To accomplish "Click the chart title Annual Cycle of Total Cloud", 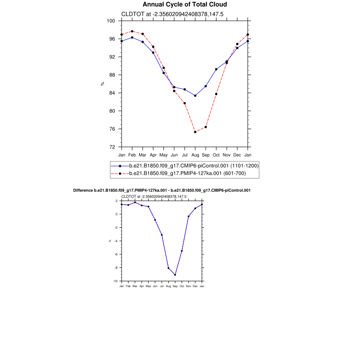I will tap(184, 4).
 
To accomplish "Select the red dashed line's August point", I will tap(195, 132).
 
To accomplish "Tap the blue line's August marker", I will tap(195, 95).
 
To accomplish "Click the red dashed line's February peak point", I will tap(132, 31).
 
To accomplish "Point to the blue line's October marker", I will tap(216, 69).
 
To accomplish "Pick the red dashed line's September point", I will tap(206, 127).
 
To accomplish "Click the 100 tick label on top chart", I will tap(111, 21).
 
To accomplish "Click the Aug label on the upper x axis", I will tap(195, 155).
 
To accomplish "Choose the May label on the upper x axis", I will tap(163, 155).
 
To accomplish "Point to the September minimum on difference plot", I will tap(175, 274).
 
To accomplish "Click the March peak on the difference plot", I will tap(135, 202).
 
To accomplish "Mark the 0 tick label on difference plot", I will tap(117, 214).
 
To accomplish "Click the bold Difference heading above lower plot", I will tap(162, 190).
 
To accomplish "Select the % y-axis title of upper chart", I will tap(103, 84).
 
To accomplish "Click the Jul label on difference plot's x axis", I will tap(162, 286).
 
